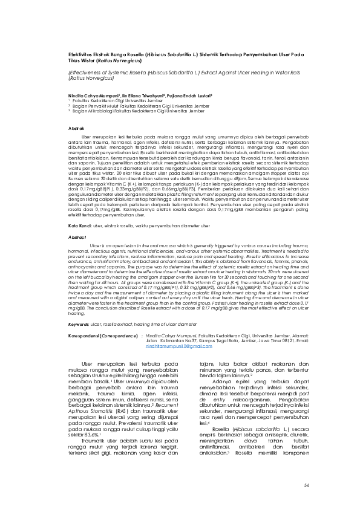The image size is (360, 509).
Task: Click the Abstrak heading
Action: pos(74,129)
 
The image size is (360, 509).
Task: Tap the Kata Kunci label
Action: pos(79,225)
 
